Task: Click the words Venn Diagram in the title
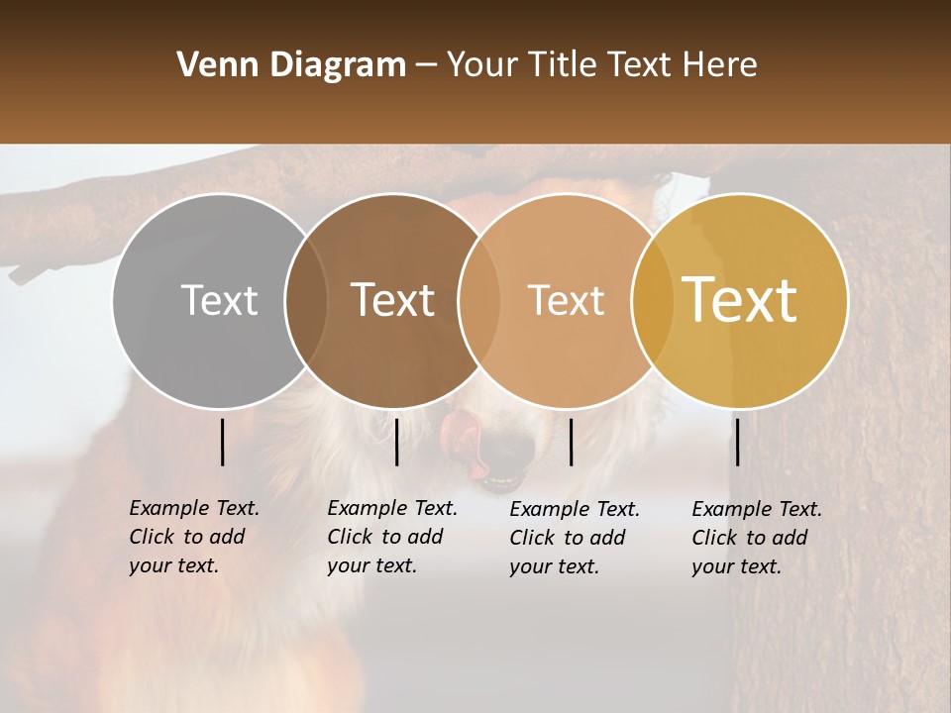pos(290,65)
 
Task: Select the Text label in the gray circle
pos(219,300)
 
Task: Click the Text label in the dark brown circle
pos(392,300)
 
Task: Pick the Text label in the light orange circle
pos(566,300)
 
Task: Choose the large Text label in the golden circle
pos(740,300)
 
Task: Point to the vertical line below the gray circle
pos(222,442)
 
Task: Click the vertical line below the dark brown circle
pos(396,442)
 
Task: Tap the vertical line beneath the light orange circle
pos(571,442)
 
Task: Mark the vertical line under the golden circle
pos(737,442)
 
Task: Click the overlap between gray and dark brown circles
pos(306,300)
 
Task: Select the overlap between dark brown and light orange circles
pos(479,300)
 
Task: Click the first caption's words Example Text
pos(194,508)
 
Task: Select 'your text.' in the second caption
pos(371,565)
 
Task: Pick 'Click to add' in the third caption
pos(568,538)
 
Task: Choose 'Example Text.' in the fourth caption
pos(757,509)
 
